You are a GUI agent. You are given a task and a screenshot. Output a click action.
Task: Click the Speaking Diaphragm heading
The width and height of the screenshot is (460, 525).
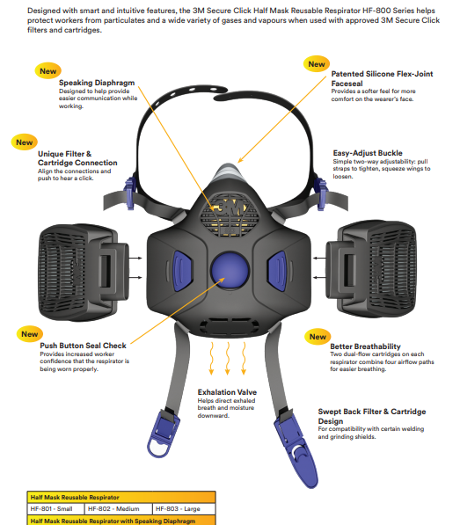[x=97, y=83]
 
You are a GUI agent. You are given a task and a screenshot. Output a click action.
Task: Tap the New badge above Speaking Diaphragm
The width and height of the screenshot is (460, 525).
[x=47, y=71]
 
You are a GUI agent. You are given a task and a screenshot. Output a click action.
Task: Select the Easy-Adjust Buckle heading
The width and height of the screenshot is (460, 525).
[x=368, y=153]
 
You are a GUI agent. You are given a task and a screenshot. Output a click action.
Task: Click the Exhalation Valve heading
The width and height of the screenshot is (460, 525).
[x=227, y=392]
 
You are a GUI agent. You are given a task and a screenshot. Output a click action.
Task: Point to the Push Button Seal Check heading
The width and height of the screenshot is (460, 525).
[x=83, y=346]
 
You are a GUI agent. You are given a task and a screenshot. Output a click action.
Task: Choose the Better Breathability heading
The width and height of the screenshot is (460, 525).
[x=365, y=346]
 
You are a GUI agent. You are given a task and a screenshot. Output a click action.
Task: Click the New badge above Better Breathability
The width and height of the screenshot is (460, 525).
[x=318, y=337]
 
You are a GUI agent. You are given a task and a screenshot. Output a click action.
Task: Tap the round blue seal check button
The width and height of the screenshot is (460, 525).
[x=230, y=271]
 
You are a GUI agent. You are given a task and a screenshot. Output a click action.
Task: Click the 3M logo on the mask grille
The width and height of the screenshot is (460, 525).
[x=230, y=208]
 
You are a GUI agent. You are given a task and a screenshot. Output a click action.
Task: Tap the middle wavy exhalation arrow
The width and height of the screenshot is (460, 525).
[x=228, y=358]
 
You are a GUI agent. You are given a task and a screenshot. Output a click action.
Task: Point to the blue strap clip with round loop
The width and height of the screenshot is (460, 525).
[x=163, y=433]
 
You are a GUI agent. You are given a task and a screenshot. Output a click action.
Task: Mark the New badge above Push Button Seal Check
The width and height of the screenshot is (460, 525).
[x=29, y=334]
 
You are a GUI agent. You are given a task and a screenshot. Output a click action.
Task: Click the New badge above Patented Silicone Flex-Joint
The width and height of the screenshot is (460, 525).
[x=317, y=64]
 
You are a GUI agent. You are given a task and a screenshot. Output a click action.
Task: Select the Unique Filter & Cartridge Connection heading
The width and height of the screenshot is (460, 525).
[x=77, y=158]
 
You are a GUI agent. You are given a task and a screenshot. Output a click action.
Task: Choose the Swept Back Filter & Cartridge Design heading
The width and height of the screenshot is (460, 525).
[x=372, y=416]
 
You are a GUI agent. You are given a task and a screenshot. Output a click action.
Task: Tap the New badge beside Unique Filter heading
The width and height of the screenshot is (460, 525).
[x=24, y=142]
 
